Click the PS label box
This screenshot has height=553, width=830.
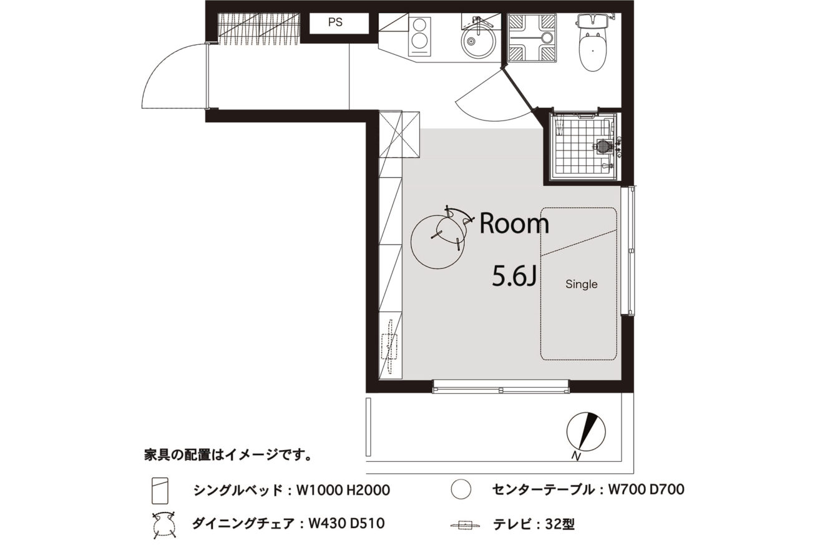(x=339, y=23)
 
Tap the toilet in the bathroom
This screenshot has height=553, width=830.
(x=593, y=42)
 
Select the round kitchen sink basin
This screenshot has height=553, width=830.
(x=479, y=42)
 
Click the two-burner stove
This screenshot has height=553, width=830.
(x=420, y=37)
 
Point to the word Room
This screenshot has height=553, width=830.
(x=514, y=224)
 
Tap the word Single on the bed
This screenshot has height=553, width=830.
(x=582, y=284)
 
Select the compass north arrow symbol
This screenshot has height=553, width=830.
(x=586, y=432)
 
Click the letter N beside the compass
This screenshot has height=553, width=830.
(x=575, y=456)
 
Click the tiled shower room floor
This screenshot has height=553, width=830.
(x=582, y=148)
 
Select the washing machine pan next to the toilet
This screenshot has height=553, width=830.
(x=532, y=37)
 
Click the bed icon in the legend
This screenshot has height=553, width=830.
(x=160, y=491)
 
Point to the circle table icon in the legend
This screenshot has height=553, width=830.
(x=461, y=489)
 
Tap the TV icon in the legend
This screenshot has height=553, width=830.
(x=465, y=525)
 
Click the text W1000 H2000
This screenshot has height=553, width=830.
(x=343, y=491)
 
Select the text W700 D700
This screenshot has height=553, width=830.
(x=647, y=489)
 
